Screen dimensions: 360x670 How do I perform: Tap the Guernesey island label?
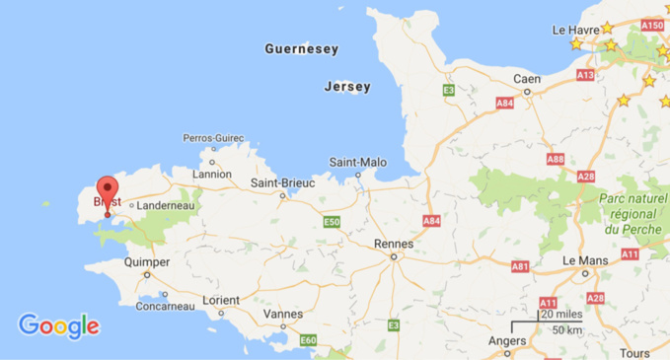tap(301, 49)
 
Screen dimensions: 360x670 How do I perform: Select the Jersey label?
tap(347, 87)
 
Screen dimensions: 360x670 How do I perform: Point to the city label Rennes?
tap(395, 244)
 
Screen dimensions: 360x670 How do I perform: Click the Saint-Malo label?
tap(358, 162)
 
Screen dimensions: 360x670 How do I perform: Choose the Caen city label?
tap(526, 79)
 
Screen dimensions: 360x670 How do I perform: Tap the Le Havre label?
tap(577, 31)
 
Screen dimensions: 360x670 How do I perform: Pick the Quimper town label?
tap(148, 262)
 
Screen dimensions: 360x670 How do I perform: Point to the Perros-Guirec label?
tap(212, 138)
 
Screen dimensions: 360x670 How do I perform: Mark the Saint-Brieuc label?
tap(282, 182)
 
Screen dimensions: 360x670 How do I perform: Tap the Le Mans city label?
tap(584, 260)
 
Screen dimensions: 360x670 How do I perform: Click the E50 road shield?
tap(332, 222)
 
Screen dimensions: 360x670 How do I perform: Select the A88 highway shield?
tap(556, 159)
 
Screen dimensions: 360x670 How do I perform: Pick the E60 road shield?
tap(308, 340)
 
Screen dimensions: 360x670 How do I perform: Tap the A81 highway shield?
tap(520, 266)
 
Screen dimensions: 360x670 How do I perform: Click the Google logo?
tap(58, 325)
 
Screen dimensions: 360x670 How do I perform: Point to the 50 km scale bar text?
tap(566, 329)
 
